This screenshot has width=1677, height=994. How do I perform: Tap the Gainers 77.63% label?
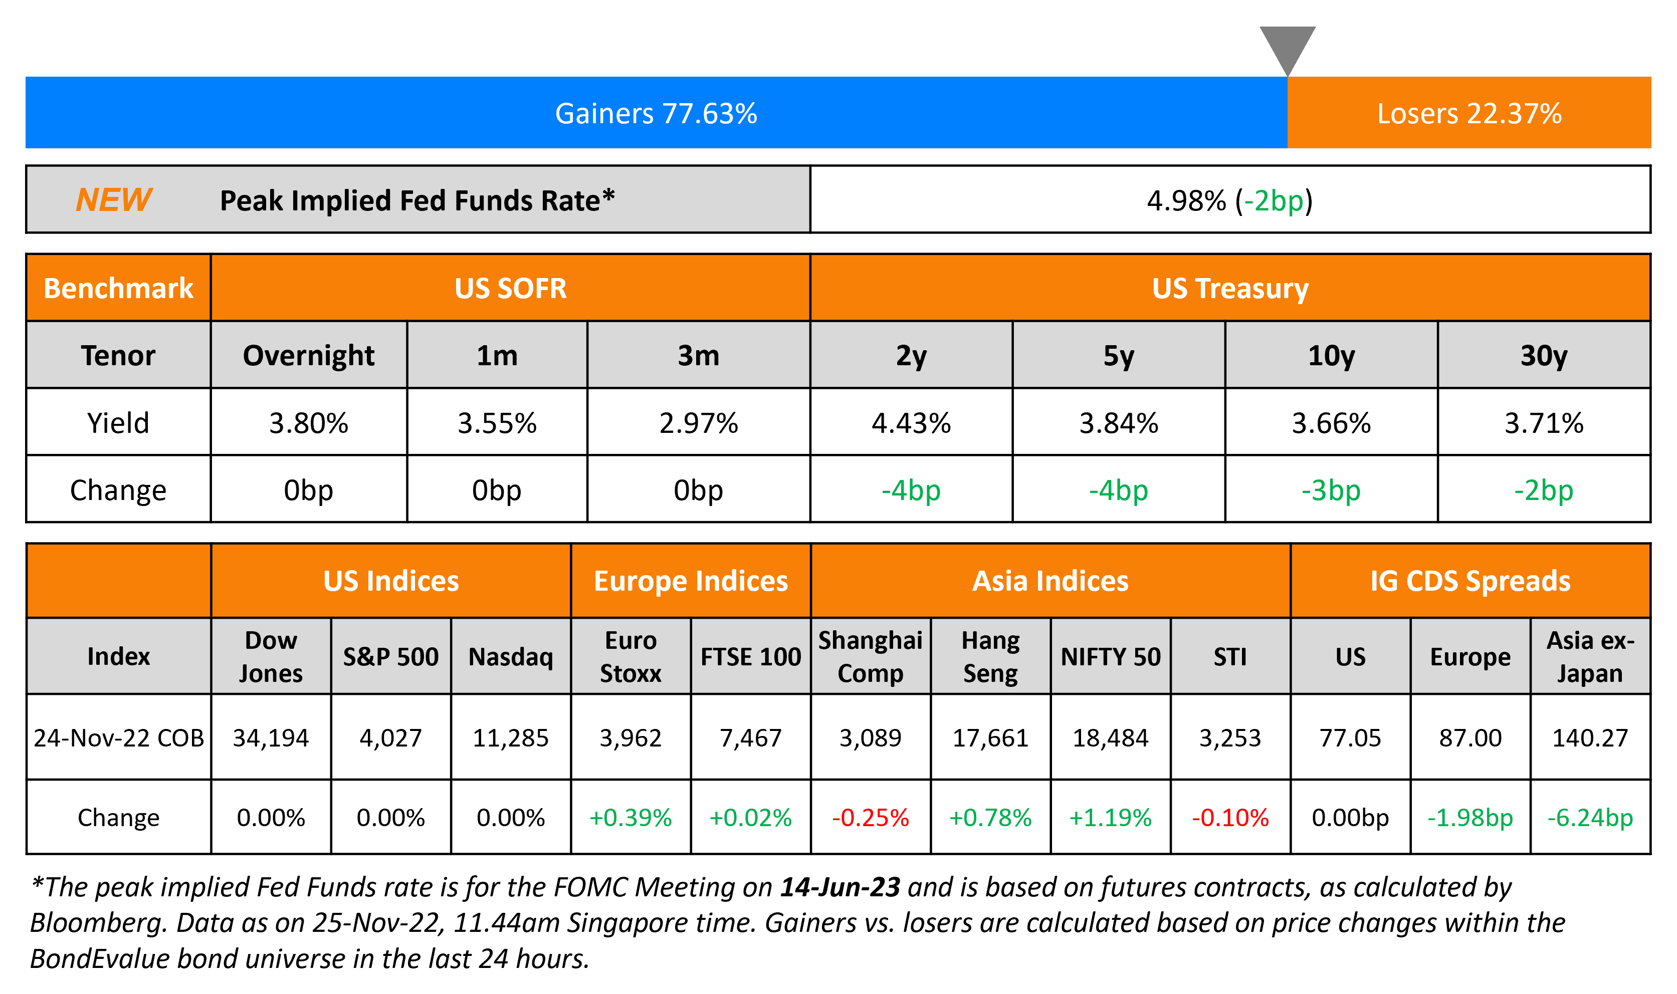[x=656, y=113]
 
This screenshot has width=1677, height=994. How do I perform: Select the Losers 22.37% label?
[x=1469, y=113]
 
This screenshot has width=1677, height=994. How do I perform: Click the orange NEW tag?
[x=114, y=199]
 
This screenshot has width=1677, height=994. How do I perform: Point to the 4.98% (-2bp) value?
[x=1229, y=200]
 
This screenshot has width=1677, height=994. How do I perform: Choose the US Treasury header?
[x=1229, y=288]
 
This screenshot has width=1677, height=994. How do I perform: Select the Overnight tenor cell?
[x=308, y=355]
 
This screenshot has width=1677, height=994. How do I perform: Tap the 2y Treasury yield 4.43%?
[x=911, y=423]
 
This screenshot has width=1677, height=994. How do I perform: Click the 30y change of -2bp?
[x=1543, y=490]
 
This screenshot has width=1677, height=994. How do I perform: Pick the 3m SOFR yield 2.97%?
[x=698, y=423]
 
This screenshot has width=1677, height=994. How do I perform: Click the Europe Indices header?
[x=691, y=581]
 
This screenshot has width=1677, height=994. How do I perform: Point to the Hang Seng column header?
[x=990, y=656]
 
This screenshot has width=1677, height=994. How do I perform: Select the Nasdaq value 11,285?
[x=511, y=737]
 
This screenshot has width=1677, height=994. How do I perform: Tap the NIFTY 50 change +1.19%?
[x=1110, y=817]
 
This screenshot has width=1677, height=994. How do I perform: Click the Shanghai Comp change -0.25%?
[x=870, y=817]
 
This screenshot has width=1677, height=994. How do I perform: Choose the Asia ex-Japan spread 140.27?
[x=1590, y=737]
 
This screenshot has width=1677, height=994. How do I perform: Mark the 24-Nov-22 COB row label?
[x=119, y=737]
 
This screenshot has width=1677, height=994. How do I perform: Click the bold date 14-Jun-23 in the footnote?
[x=840, y=887]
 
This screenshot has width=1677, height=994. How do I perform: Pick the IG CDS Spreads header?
[x=1470, y=581]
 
